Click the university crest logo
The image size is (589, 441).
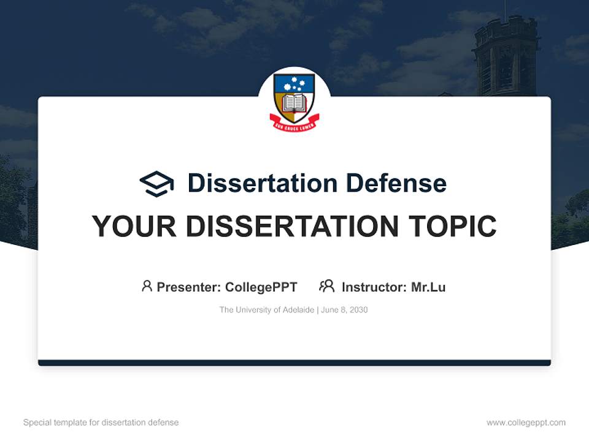tap(294, 101)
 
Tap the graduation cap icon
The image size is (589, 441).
tap(156, 184)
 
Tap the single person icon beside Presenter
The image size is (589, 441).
tap(147, 286)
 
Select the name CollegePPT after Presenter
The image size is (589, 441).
tap(261, 287)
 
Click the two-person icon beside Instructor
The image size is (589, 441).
tap(326, 286)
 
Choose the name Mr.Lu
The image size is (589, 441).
tap(428, 287)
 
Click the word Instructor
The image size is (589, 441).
tap(374, 287)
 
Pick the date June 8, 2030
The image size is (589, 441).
tap(345, 310)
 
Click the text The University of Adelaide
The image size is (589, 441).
tap(267, 310)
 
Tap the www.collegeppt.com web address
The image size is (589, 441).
tap(526, 423)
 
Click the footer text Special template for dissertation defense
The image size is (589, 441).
tap(101, 423)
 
